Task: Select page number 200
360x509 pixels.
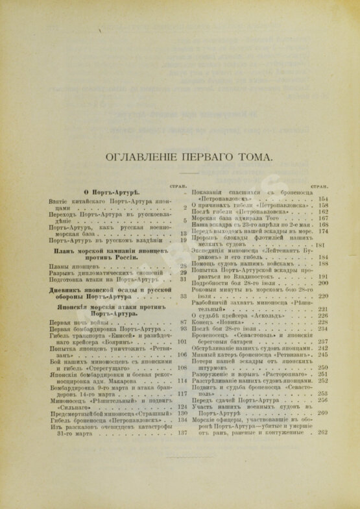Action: [324, 283]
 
